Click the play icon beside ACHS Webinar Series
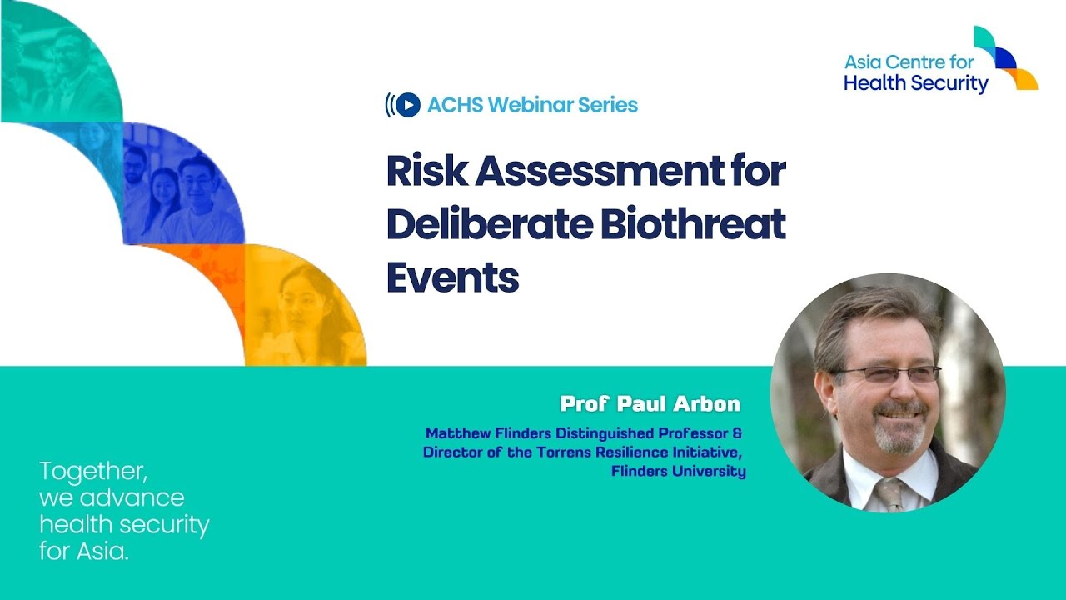(407, 105)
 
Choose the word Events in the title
(452, 277)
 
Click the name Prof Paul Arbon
(650, 404)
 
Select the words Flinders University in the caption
(678, 472)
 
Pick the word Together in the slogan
(93, 472)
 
